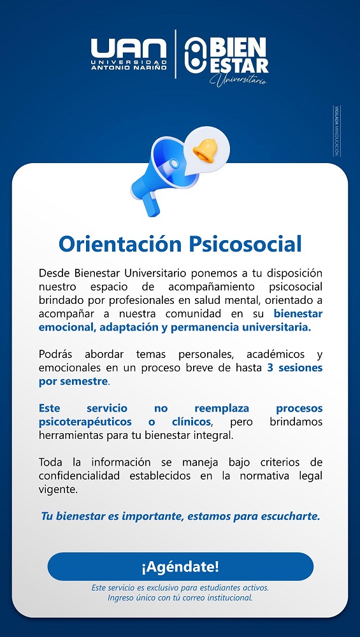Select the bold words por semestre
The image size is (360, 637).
73,382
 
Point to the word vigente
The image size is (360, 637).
58,490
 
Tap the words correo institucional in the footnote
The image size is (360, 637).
220,598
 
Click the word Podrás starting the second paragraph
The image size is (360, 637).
56,354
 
